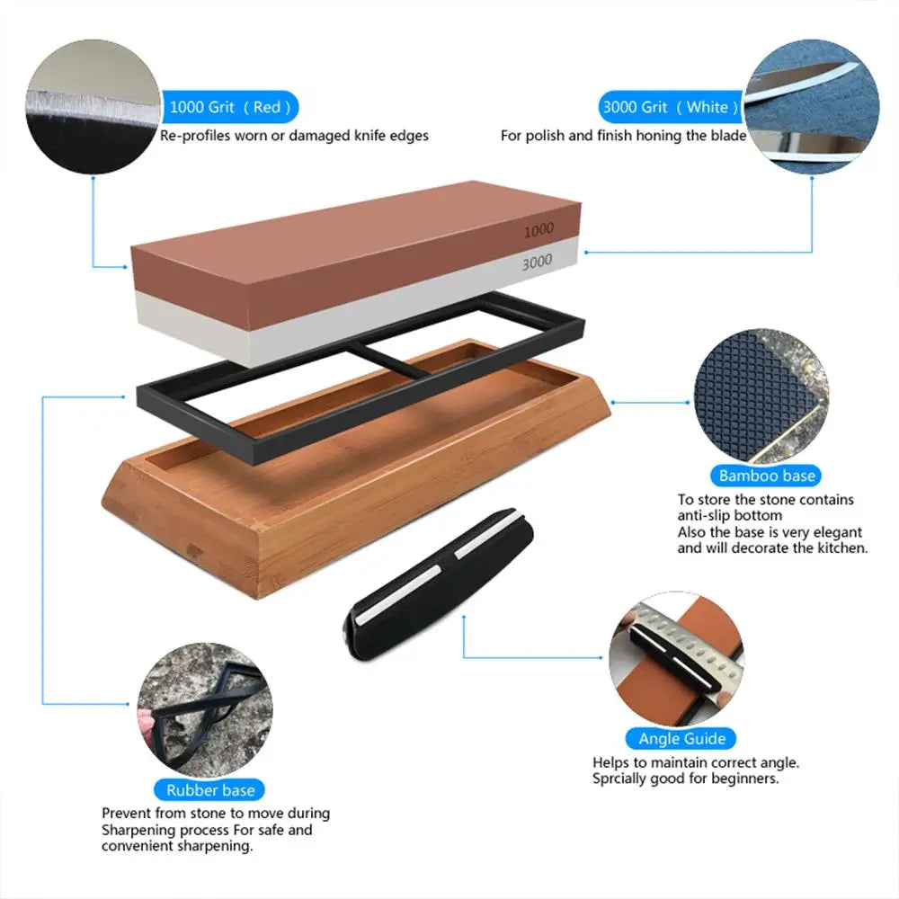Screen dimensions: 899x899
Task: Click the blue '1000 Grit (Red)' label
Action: [x=229, y=107]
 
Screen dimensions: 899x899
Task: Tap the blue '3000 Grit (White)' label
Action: [x=670, y=107]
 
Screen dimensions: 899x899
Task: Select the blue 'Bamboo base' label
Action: [x=767, y=476]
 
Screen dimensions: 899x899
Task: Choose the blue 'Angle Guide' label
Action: [x=682, y=739]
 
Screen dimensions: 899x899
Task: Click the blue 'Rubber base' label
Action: [x=210, y=791]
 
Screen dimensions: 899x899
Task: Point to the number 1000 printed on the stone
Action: [x=539, y=230]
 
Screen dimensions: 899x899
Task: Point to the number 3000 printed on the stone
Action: [x=538, y=262]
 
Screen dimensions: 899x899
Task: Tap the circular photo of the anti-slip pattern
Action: [x=761, y=396]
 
